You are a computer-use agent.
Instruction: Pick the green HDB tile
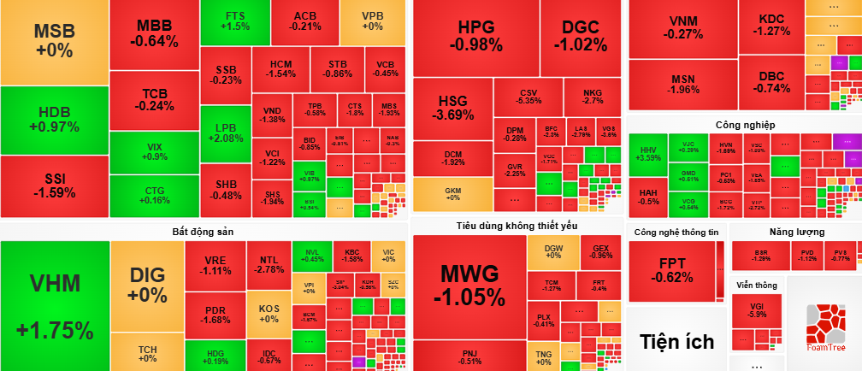click(55, 120)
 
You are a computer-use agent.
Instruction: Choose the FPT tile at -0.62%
click(670, 270)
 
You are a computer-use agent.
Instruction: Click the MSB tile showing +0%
click(55, 41)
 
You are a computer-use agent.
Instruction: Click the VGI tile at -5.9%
click(756, 310)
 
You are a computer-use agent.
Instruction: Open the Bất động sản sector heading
click(203, 231)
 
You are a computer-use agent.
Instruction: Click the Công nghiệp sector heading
click(745, 125)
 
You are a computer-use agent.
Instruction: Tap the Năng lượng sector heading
click(796, 232)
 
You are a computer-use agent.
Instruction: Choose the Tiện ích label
click(676, 342)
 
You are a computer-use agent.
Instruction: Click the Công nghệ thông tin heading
click(676, 232)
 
